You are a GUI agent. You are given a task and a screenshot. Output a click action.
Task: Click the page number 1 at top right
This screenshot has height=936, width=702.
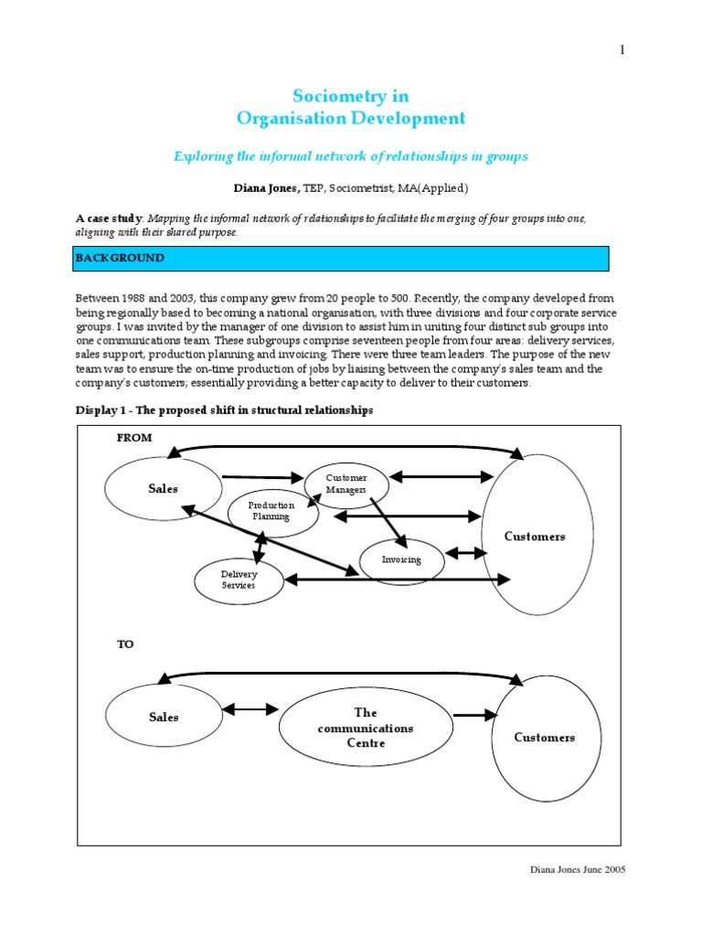(x=622, y=49)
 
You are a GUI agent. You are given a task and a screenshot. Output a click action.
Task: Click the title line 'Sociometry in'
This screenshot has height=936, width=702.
(x=350, y=96)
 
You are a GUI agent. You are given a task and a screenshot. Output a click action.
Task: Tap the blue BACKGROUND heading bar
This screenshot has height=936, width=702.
(x=341, y=258)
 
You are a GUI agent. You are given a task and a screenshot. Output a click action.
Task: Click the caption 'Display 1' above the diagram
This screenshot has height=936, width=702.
(x=224, y=410)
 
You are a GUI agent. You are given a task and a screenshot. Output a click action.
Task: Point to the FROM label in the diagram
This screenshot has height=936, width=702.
(x=134, y=438)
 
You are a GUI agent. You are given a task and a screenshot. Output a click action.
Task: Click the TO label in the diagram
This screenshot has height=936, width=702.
(x=125, y=644)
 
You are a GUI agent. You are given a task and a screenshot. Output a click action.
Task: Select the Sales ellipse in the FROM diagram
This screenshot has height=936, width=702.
(x=164, y=489)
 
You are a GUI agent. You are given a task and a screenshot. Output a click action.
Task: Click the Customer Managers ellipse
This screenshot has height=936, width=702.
(x=346, y=484)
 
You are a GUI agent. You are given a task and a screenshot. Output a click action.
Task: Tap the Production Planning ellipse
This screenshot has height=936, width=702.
(x=272, y=511)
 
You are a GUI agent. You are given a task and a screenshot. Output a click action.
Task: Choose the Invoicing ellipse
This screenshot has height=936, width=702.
(x=401, y=559)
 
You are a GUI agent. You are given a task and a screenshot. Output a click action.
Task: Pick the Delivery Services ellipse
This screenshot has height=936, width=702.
(x=239, y=580)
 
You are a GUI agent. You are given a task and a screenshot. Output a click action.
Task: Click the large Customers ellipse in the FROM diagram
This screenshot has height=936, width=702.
(x=535, y=536)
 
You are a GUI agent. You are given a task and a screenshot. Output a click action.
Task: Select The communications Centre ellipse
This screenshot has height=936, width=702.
(x=365, y=728)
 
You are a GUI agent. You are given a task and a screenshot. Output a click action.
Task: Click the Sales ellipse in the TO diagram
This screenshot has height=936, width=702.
(x=164, y=718)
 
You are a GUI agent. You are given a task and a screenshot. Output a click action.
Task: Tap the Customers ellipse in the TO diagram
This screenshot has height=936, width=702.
(x=544, y=737)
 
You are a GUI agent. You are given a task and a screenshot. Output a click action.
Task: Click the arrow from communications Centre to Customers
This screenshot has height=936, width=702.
(x=475, y=716)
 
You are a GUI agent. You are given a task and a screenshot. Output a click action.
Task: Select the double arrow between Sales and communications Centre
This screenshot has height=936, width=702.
(x=250, y=708)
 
